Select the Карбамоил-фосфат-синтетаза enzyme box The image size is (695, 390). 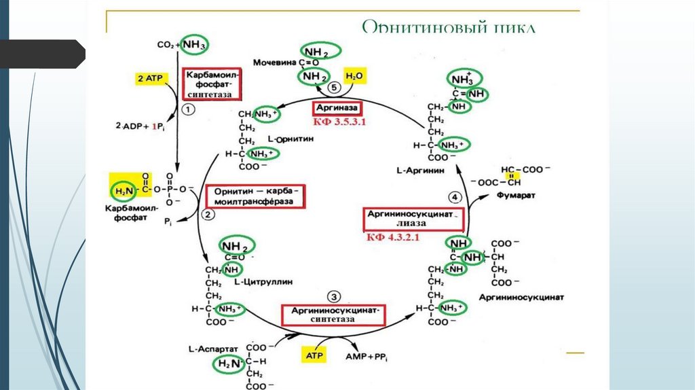click(x=211, y=84)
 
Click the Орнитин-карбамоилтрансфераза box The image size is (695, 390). click(x=255, y=197)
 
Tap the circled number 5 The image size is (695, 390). click(x=333, y=88)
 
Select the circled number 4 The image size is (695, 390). click(x=455, y=197)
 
